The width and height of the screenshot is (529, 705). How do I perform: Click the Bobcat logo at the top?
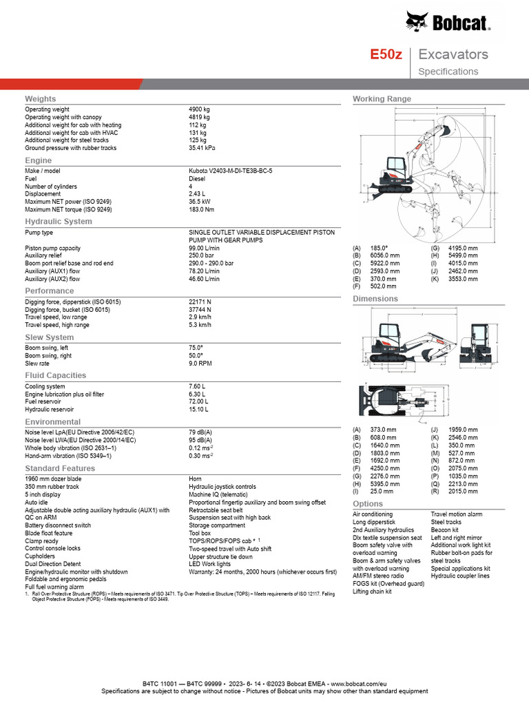(x=448, y=23)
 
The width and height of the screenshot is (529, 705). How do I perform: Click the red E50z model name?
(x=386, y=54)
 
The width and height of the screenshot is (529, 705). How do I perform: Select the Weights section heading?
(x=41, y=99)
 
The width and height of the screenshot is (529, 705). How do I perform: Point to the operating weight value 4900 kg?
(x=199, y=109)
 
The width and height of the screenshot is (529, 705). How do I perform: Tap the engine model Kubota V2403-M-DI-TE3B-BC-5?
(x=230, y=170)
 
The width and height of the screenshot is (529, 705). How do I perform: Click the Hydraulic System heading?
(x=59, y=222)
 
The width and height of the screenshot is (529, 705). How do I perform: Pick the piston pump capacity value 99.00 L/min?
(x=204, y=248)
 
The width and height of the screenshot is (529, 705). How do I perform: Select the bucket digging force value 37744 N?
(x=200, y=309)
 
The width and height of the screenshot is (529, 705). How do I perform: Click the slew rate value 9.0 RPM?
(x=200, y=363)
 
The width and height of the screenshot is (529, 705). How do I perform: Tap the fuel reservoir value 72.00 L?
(x=198, y=401)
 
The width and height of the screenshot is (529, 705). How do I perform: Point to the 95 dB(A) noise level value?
(x=200, y=439)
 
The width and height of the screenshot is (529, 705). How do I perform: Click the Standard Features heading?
(x=60, y=469)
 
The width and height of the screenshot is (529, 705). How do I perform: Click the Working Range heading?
(x=382, y=99)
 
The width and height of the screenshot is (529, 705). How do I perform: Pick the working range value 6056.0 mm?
(x=385, y=255)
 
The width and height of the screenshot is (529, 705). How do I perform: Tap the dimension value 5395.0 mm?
(x=384, y=484)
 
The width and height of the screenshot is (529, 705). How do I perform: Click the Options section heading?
(x=367, y=504)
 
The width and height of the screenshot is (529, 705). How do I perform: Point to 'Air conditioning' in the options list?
(x=373, y=514)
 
